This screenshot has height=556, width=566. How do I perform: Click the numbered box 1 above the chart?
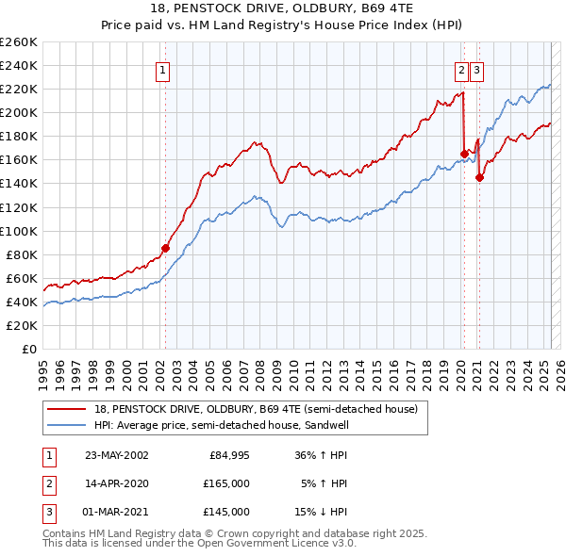(x=162, y=69)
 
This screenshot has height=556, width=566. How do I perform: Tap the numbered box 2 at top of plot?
(x=461, y=69)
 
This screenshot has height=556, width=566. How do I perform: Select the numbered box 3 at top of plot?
(x=476, y=69)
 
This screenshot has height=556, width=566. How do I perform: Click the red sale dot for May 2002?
(x=165, y=248)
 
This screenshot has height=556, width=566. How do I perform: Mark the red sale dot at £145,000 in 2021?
(x=480, y=177)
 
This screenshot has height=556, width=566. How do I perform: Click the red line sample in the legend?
(x=66, y=409)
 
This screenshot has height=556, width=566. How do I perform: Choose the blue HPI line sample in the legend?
(x=66, y=425)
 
